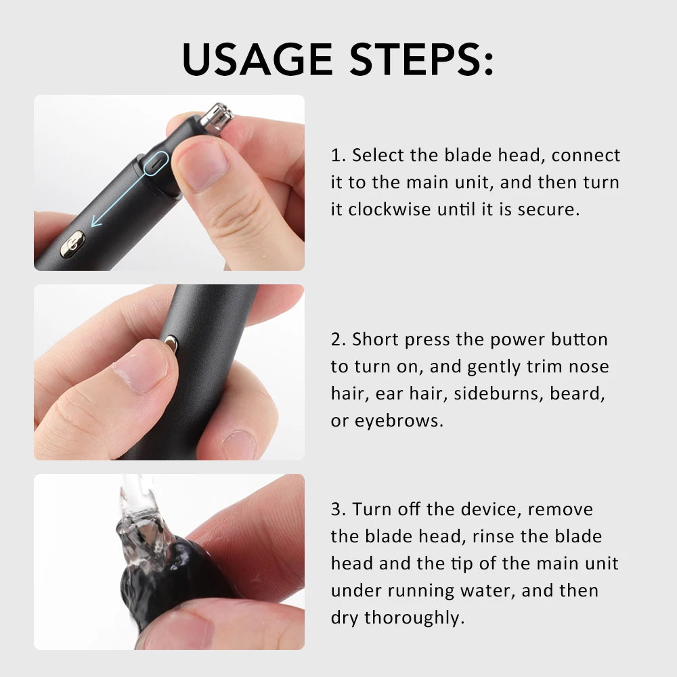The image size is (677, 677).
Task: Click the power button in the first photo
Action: click(x=72, y=244)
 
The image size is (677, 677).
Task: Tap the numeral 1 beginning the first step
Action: click(x=336, y=156)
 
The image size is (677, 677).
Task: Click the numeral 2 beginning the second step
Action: click(x=337, y=339)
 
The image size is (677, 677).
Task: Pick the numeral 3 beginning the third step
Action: click(x=337, y=509)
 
